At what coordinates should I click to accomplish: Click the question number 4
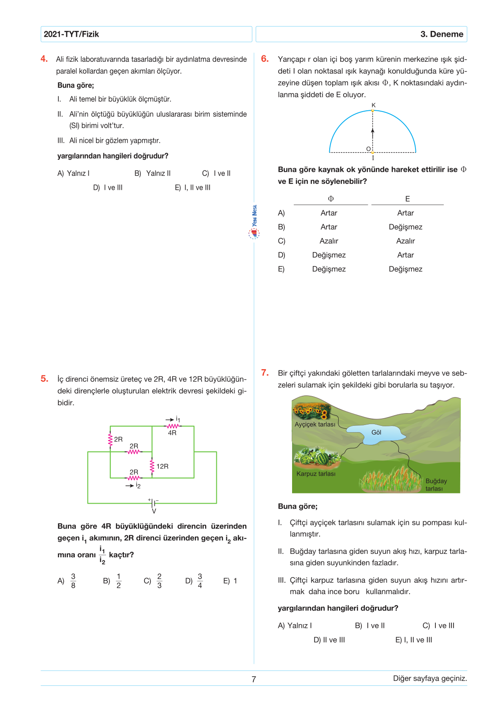point(44,59)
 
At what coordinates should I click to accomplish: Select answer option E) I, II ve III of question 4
point(193,188)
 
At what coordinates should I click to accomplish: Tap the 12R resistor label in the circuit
point(162,466)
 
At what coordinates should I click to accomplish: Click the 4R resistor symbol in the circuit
point(172,426)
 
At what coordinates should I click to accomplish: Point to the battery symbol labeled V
point(154,503)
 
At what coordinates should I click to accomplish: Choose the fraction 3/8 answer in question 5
point(73,581)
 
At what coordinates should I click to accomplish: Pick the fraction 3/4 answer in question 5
point(200,581)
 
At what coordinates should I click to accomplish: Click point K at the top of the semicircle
point(373,110)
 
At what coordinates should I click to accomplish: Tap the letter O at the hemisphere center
point(368,149)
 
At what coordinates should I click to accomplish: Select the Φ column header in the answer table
point(331,199)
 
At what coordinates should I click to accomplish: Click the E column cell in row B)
point(405,227)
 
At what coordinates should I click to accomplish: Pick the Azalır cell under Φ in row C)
point(329,241)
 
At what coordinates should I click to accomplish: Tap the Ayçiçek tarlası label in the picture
point(315,425)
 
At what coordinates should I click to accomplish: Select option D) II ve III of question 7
point(329,640)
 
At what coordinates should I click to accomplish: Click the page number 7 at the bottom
point(254,680)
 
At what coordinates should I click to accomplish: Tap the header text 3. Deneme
point(442,34)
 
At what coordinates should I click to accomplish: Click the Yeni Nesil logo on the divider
point(254,222)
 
